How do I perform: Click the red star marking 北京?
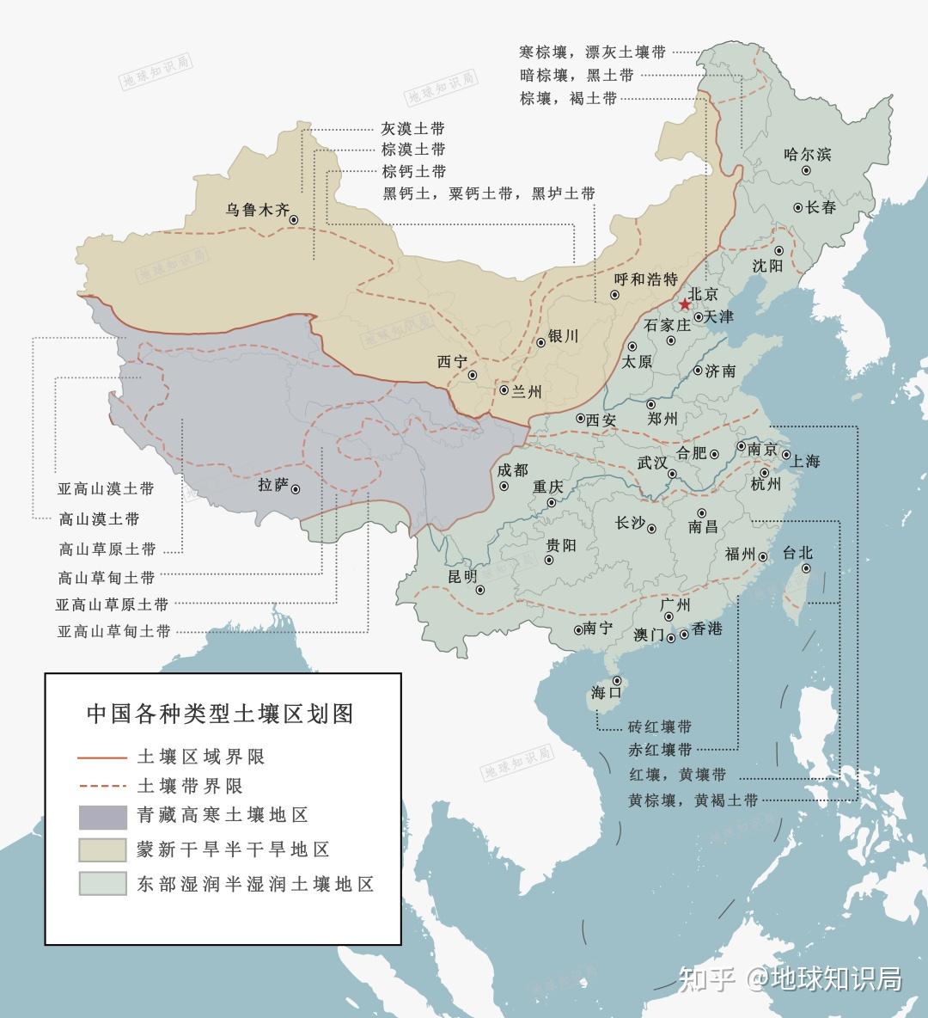[684, 305]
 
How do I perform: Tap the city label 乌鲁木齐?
[258, 210]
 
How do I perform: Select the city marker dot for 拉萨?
[296, 489]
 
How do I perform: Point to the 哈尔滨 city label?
[807, 155]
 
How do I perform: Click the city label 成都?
[512, 470]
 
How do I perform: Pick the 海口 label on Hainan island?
[606, 693]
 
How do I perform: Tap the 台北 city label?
[797, 553]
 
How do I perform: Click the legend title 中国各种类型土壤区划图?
[221, 714]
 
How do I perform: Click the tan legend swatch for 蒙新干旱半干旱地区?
[103, 850]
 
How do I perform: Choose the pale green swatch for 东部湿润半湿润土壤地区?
[103, 884]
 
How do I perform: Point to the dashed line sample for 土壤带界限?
[103, 786]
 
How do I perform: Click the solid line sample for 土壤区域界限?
[103, 757]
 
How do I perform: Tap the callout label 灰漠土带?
[413, 129]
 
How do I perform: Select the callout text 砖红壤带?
[660, 727]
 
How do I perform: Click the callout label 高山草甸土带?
[107, 577]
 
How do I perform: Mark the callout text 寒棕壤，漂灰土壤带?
[593, 52]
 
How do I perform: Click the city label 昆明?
[462, 576]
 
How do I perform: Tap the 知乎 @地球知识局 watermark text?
[790, 978]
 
